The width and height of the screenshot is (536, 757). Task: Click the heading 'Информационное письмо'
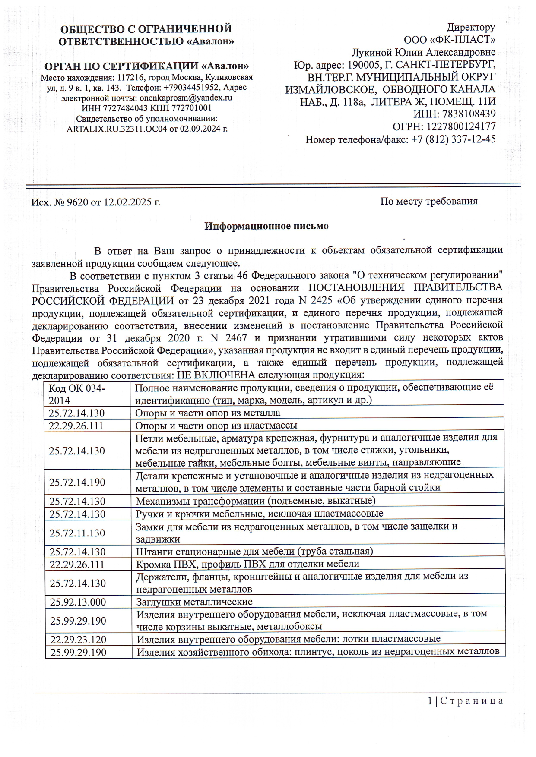[x=266, y=226]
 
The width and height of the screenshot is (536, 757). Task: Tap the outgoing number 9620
[x=77, y=202]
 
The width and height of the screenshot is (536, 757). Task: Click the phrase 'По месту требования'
[x=428, y=201]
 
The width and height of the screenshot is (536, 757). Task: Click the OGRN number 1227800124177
[x=461, y=127]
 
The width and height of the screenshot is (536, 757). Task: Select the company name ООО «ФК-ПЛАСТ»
[x=449, y=40]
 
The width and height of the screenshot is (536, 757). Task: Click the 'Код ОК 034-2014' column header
[x=76, y=394]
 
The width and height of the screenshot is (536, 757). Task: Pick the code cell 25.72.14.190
[x=77, y=482]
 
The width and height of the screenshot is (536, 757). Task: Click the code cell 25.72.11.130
[x=77, y=533]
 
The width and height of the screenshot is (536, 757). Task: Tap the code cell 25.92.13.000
[x=78, y=602]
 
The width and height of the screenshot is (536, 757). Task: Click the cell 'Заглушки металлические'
[x=194, y=602]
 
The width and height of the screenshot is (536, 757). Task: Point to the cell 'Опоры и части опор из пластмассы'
[x=216, y=426]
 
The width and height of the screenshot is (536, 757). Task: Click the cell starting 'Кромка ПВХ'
[x=247, y=565]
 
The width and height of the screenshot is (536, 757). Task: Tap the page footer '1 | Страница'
[x=465, y=700]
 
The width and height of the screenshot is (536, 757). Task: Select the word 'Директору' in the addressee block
[x=470, y=28]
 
